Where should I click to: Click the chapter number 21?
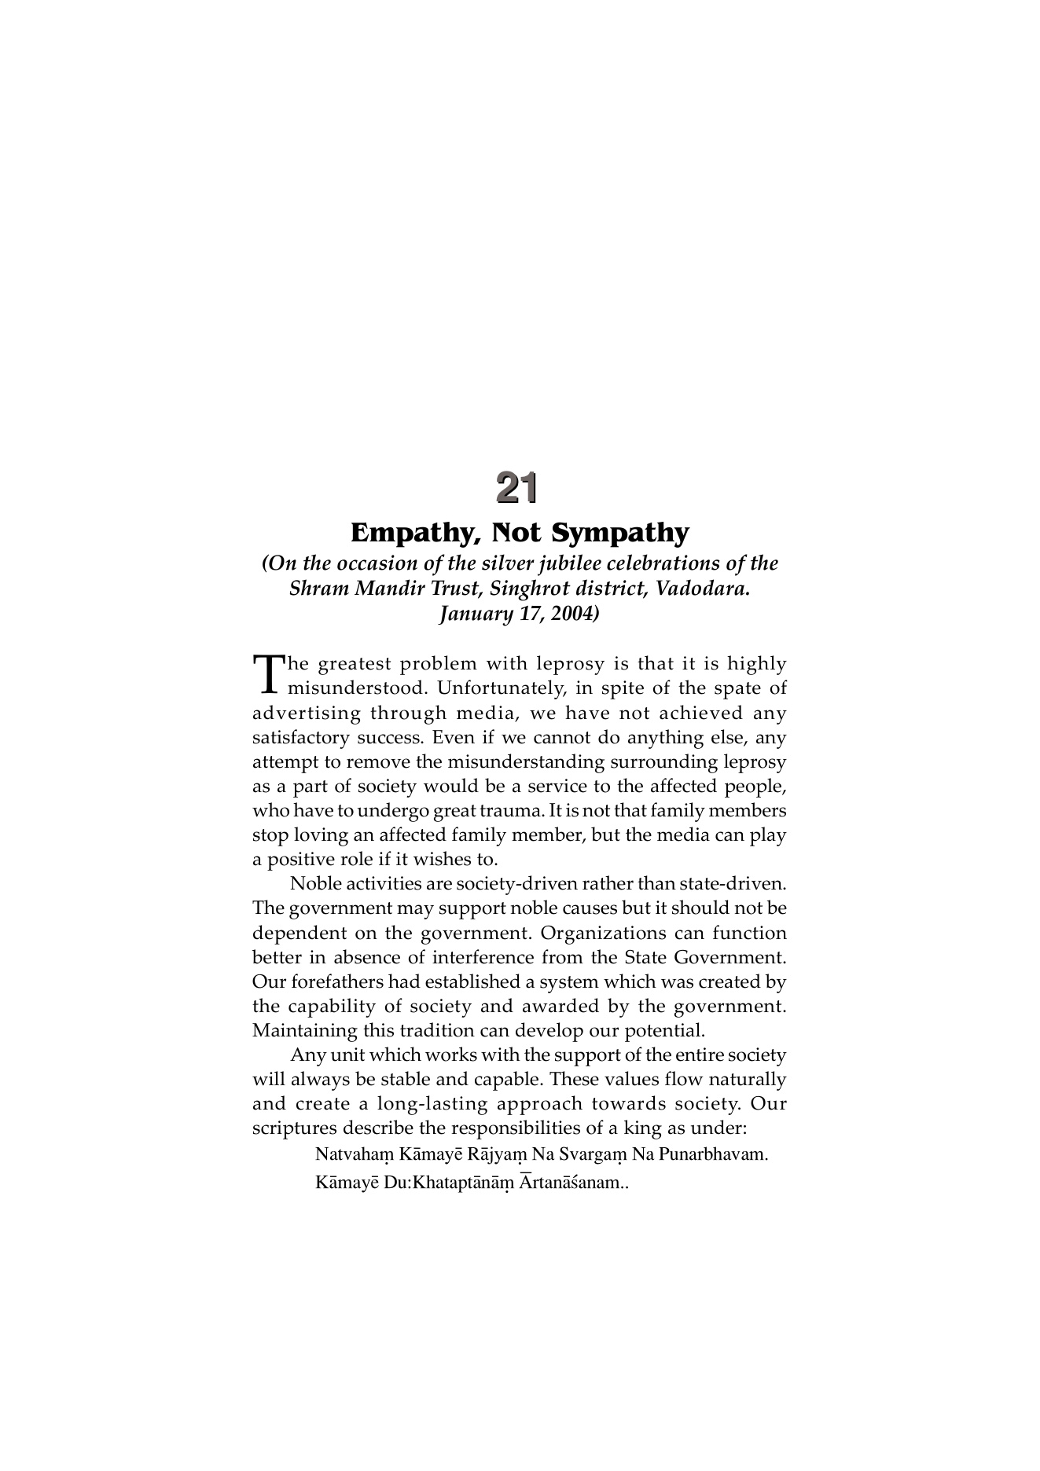517,488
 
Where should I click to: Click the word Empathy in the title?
410,534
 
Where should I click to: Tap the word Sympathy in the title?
619,534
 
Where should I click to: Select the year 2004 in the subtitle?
571,614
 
